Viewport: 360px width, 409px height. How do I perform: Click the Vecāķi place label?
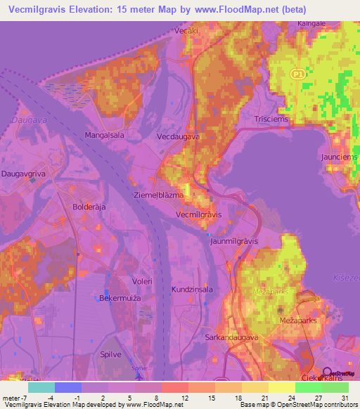tap(186, 31)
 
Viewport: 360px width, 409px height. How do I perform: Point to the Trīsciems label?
tap(272, 119)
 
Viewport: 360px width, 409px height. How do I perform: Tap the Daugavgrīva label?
tap(25, 173)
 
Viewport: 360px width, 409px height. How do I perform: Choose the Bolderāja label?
tap(89, 207)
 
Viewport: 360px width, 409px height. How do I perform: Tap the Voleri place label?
tap(143, 281)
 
